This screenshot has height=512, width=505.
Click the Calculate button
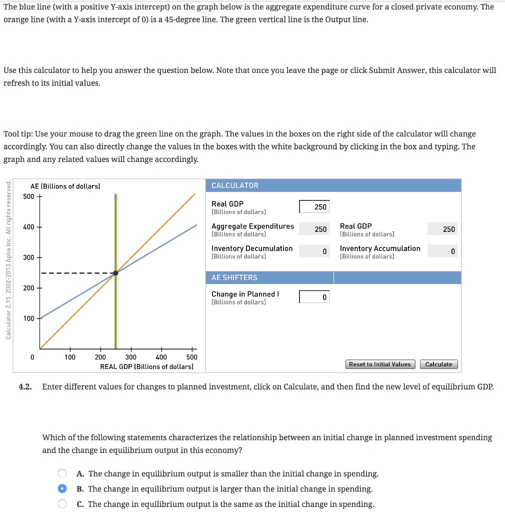[438, 364]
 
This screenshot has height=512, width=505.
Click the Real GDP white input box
[314, 206]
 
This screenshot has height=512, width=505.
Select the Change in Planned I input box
[314, 297]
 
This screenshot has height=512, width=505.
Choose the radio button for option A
[62, 473]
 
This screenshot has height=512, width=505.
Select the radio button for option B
[62, 489]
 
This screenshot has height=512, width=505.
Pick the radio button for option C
[62, 504]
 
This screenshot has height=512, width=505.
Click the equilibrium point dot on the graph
[115, 273]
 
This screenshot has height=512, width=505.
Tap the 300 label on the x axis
[130, 357]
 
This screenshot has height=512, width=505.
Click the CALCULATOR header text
[235, 185]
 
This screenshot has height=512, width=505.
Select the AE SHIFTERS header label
[234, 277]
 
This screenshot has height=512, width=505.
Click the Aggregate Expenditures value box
[314, 229]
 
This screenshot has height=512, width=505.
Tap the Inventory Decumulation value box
[314, 251]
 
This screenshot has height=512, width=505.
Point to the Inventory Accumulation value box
[442, 251]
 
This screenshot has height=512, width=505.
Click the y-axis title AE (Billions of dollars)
[65, 186]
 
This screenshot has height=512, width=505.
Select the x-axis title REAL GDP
[146, 366]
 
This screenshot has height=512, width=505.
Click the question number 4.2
[25, 386]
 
